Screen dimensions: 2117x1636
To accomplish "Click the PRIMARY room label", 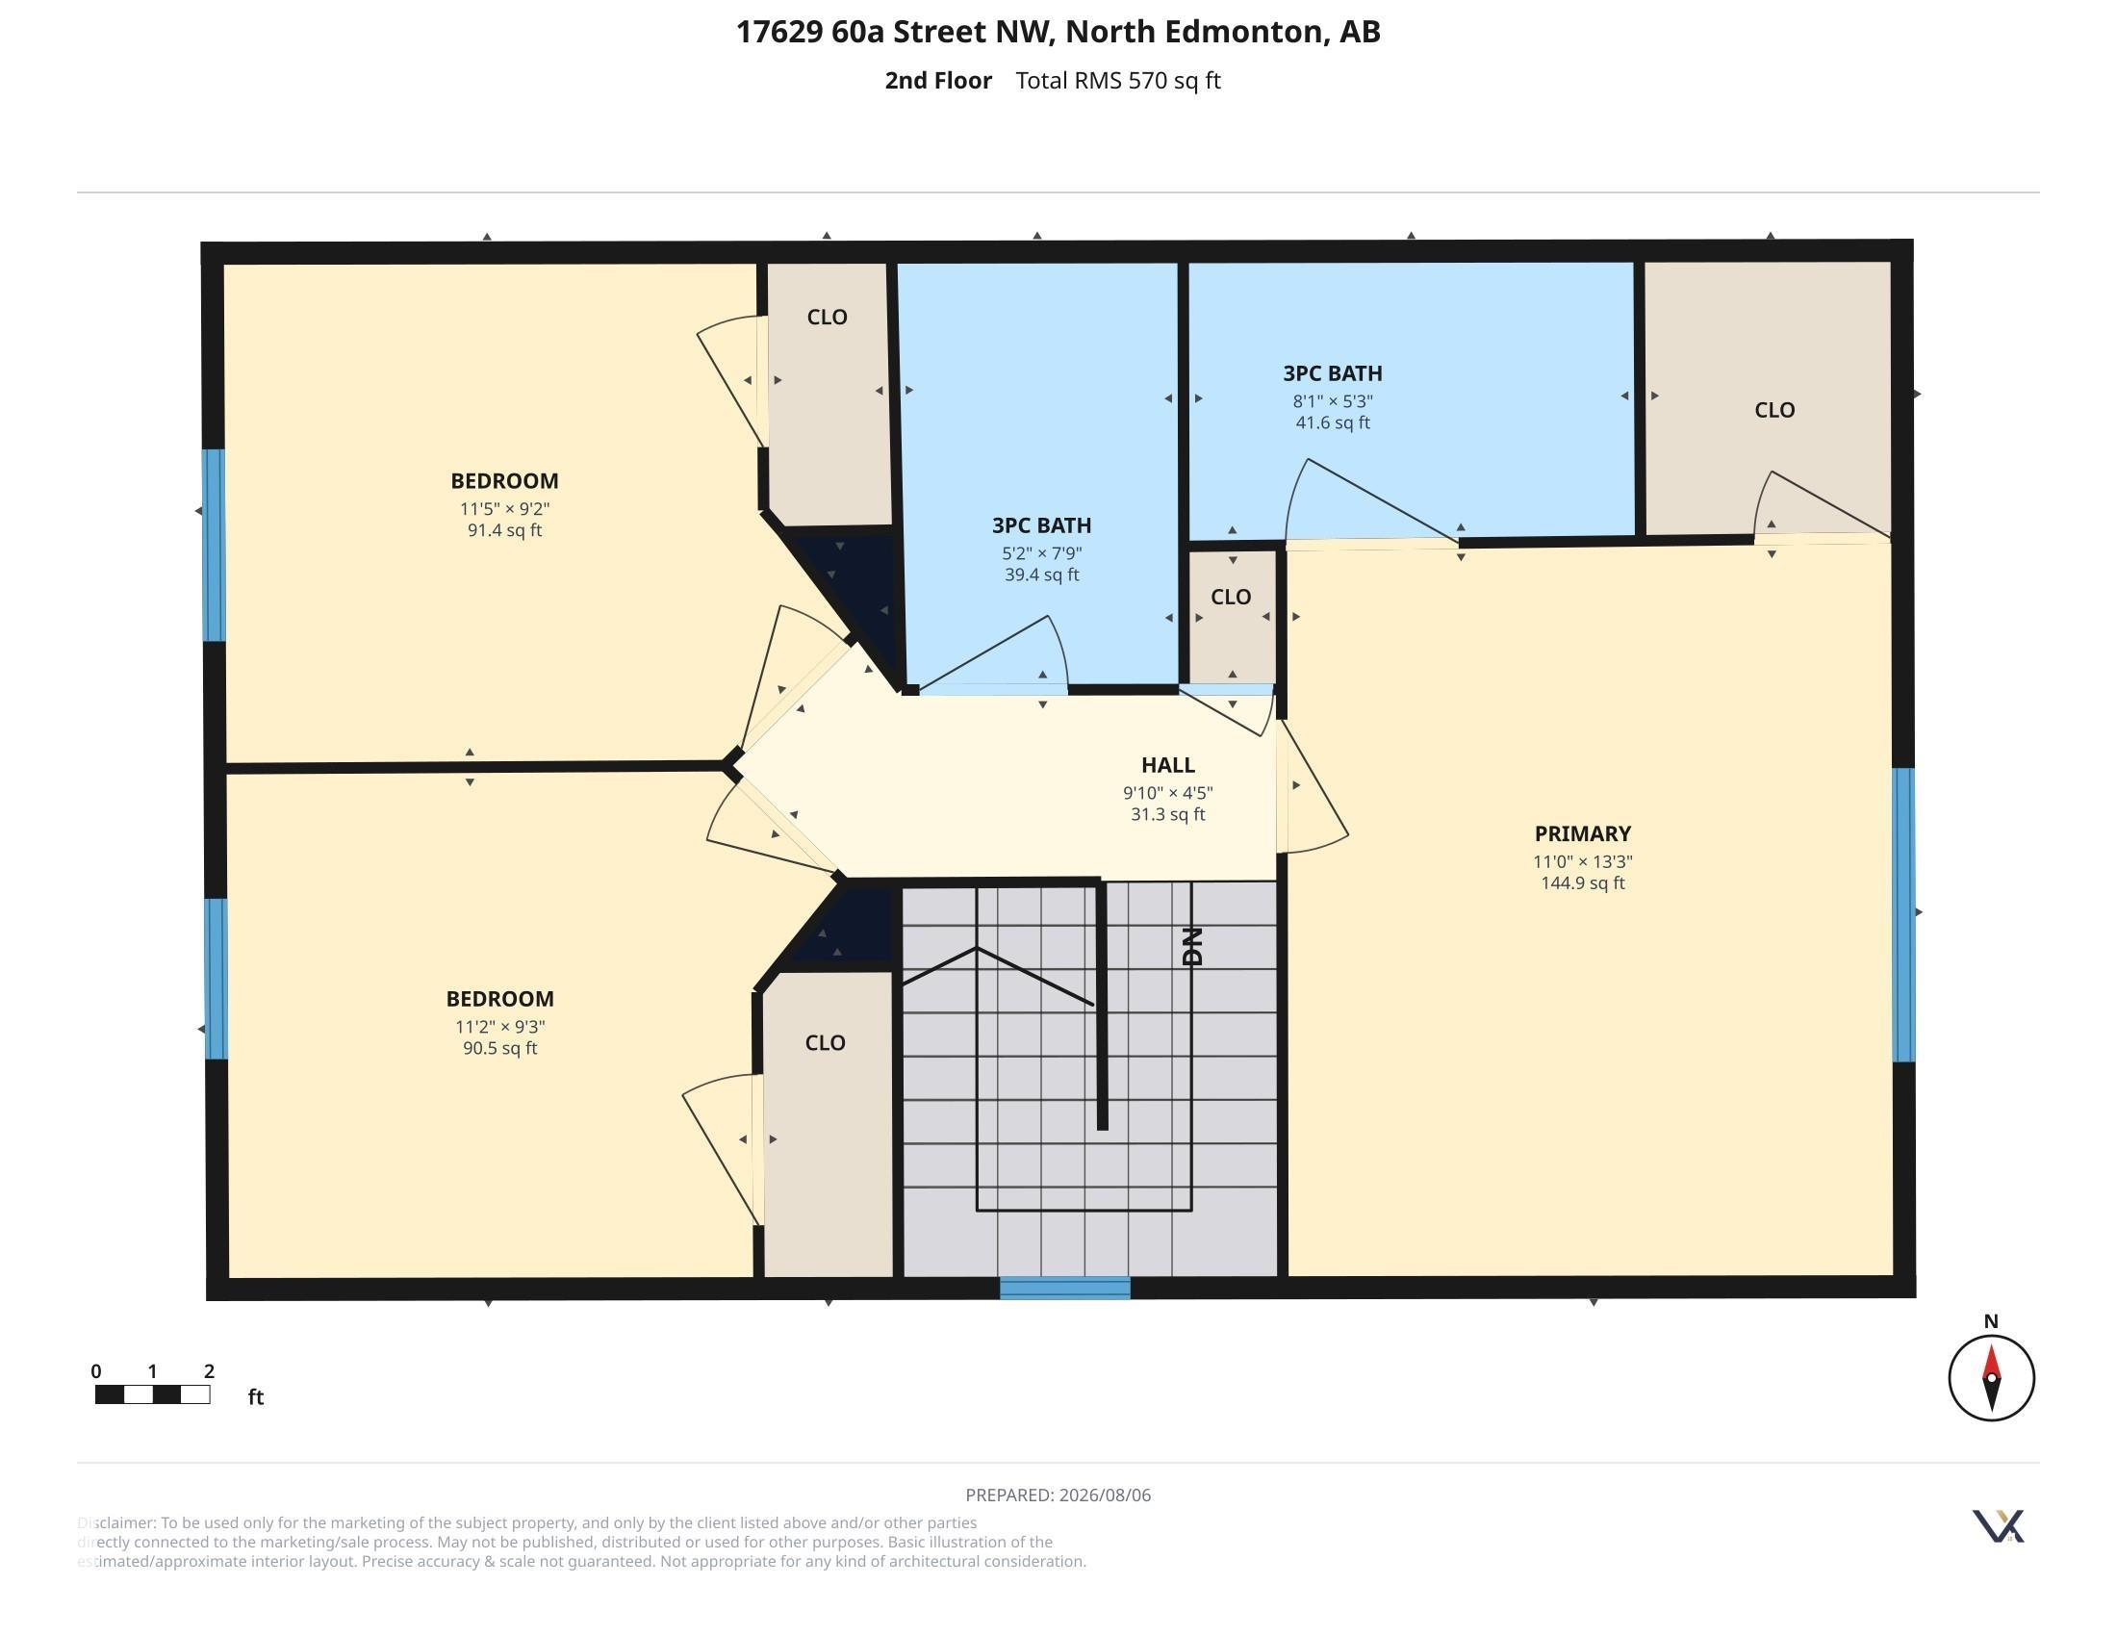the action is point(1582,833).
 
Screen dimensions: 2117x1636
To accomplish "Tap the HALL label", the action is point(1167,765).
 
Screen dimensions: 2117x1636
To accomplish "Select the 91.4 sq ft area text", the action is point(504,530).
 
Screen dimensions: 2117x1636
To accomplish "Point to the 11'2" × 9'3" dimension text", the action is point(500,1027).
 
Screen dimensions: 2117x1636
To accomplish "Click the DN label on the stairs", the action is point(1192,946).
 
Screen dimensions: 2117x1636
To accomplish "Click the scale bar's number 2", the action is point(210,1370).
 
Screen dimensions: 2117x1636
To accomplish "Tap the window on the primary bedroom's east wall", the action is point(1903,915).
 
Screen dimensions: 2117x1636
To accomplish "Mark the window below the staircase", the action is point(1064,1288).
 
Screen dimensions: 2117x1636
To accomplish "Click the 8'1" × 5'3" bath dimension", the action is point(1333,400).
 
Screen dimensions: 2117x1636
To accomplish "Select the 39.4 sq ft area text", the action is point(1042,575).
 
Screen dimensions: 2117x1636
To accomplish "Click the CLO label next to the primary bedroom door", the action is point(1230,597).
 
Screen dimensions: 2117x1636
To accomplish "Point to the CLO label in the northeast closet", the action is point(1773,410).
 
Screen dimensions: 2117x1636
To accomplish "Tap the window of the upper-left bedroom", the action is point(214,545).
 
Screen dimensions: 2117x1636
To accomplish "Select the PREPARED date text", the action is point(1058,1495).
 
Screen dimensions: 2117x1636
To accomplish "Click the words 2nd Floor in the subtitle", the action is point(938,81).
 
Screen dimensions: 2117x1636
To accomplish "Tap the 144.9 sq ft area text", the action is point(1582,882).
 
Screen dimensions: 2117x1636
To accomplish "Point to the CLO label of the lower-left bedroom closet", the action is point(825,1043).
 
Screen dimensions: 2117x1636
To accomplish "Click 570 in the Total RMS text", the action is point(1148,81).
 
